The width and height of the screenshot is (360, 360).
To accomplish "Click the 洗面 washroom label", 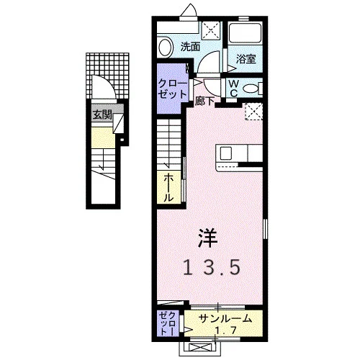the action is click(190, 47).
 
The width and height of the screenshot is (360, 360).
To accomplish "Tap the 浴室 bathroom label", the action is click(246, 58).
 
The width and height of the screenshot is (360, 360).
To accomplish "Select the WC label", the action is click(233, 88).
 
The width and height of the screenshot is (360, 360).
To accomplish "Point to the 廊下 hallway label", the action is click(204, 101).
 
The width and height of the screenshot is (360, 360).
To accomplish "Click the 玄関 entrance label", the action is click(103, 115).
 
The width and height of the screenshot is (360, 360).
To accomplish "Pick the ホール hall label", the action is click(168, 188).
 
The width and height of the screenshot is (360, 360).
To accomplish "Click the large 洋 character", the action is click(208, 238).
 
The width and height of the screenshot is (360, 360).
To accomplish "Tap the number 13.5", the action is click(212, 267).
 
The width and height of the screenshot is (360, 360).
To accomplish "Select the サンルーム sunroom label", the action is click(225, 319).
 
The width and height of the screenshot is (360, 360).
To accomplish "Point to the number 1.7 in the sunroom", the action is click(225, 330).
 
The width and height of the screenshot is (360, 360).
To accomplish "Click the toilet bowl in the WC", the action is click(251, 89).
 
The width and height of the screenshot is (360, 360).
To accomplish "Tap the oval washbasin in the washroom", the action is click(166, 48).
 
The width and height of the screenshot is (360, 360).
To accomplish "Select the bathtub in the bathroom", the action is click(245, 33).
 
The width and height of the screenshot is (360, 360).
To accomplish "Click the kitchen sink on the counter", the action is click(226, 153).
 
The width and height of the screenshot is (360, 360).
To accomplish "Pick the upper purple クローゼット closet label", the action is click(173, 89).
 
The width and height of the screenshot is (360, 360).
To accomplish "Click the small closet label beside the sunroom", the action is click(168, 323).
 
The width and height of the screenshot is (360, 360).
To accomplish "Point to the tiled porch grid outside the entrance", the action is click(107, 76).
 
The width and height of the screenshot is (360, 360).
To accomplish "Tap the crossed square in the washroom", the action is click(210, 31).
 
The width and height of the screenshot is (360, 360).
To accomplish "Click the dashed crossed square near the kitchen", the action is click(253, 111).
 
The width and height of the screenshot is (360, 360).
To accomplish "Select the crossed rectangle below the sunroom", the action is click(199, 347).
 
